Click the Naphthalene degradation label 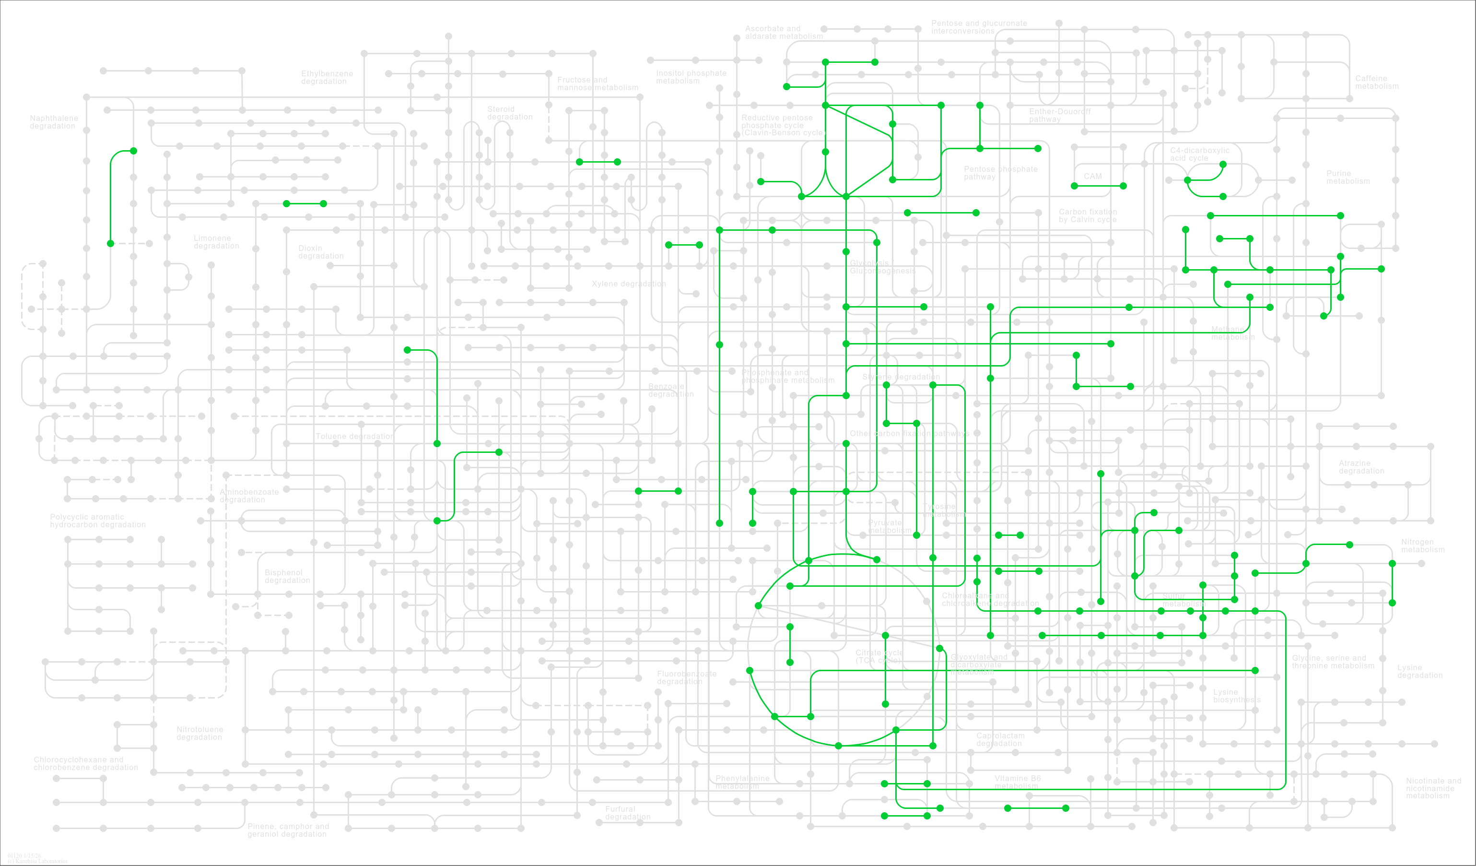click(x=53, y=122)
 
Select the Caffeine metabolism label click(x=1376, y=82)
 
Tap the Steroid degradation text click(x=510, y=112)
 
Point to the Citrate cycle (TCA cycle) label click(x=879, y=656)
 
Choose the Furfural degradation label click(x=627, y=813)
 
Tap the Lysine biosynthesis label click(x=1236, y=696)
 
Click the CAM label click(x=1092, y=177)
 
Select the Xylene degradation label click(x=629, y=284)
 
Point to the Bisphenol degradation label click(x=287, y=576)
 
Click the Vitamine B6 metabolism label click(x=1018, y=782)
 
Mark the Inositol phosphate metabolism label click(x=691, y=77)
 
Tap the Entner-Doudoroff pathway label click(x=1060, y=115)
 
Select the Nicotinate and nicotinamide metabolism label click(x=1433, y=788)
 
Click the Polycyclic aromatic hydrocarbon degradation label click(x=97, y=520)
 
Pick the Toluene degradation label click(x=354, y=437)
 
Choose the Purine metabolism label click(x=1347, y=177)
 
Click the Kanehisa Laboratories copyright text click(x=37, y=861)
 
